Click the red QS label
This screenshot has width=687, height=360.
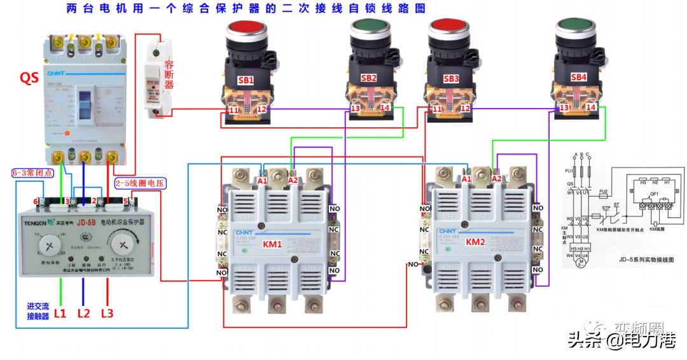(x=29, y=78)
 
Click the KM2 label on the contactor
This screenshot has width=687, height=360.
(x=475, y=242)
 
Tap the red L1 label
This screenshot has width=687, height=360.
(x=60, y=313)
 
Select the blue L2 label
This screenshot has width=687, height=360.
(x=84, y=313)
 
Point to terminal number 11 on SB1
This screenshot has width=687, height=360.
(x=233, y=110)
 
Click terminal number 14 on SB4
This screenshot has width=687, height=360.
(x=591, y=108)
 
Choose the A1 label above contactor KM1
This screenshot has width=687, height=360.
(x=262, y=180)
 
